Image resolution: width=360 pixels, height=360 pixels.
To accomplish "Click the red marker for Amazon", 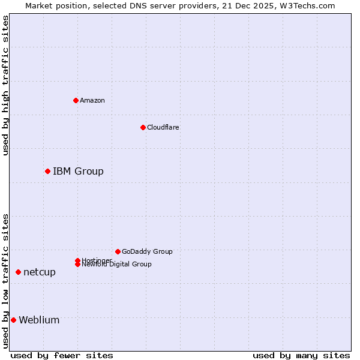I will point(76,100).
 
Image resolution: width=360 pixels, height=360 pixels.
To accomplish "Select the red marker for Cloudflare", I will point(143,127).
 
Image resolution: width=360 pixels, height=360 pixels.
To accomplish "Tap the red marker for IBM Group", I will point(47,172).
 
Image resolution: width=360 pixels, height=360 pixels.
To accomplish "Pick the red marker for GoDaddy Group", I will point(118,251).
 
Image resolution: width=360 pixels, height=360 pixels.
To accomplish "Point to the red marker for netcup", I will point(18,272).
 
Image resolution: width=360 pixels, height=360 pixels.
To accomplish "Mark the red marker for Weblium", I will point(13,320).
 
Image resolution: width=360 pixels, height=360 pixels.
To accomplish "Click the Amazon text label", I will point(92,100).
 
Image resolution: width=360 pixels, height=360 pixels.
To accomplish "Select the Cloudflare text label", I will point(163,127).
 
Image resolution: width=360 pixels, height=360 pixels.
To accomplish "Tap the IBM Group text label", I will point(78,172).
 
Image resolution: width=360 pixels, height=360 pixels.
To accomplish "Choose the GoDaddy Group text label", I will point(147,251).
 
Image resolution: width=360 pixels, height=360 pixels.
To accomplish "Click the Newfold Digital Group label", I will point(116,265).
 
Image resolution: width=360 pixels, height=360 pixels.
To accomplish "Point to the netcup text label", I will point(40,272).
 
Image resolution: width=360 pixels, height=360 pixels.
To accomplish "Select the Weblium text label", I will point(39,320).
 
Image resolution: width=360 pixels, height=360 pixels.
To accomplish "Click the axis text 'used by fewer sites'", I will point(62,355).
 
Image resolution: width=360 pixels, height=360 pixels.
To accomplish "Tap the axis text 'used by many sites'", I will point(301,355).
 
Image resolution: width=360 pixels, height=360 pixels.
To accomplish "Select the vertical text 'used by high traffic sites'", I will point(5,85).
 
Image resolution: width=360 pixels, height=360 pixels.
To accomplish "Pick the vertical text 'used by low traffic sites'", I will point(5,281).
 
